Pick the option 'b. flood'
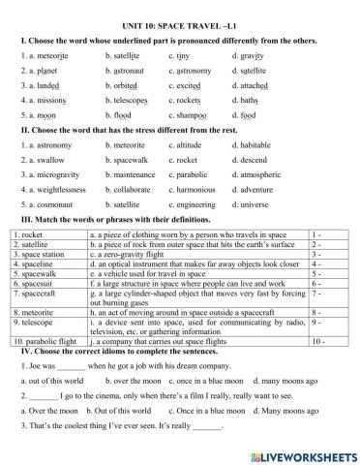[x=120, y=113]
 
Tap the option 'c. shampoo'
[x=189, y=113]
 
